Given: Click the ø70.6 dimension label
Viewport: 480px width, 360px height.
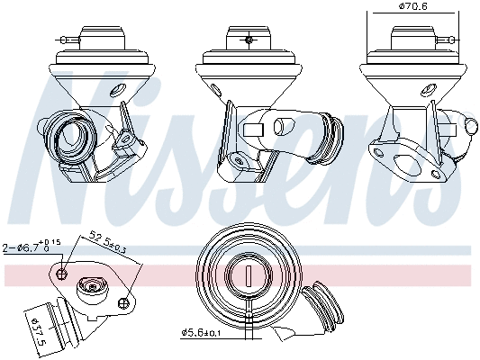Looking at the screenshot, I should pos(413,8).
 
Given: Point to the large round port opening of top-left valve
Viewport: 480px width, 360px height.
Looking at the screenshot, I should pos(71,136).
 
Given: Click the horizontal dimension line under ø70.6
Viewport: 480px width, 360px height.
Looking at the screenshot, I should pos(413,18).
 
